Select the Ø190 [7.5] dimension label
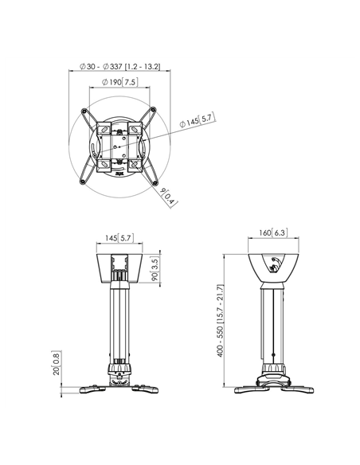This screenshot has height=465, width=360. (119, 83)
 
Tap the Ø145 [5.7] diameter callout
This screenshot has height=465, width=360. (194, 122)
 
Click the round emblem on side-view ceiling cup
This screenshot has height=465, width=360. (275, 264)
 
